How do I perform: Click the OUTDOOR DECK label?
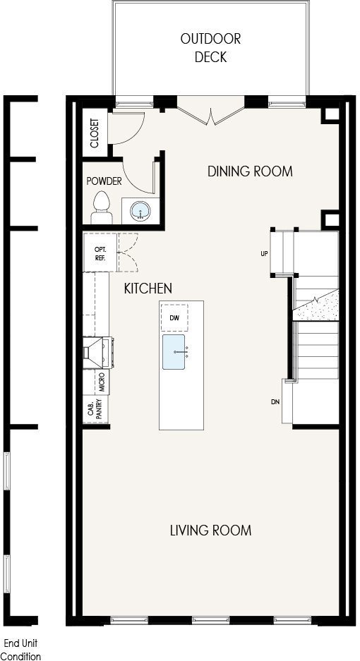[210, 48]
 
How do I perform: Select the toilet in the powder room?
[102, 207]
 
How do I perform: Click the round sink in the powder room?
[140, 210]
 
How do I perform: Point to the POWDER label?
[104, 181]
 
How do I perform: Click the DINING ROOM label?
[250, 171]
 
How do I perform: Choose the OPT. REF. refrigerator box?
[100, 252]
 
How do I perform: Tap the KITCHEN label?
[148, 289]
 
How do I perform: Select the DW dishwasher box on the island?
[174, 317]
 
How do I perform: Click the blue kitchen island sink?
[174, 352]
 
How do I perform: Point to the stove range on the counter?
[98, 353]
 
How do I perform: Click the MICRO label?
[102, 382]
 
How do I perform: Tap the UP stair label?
[265, 254]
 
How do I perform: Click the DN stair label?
[275, 401]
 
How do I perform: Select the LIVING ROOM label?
[210, 530]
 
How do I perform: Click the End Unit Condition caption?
[22, 650]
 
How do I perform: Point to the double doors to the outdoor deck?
[210, 111]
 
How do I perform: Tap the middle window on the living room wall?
[210, 619]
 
